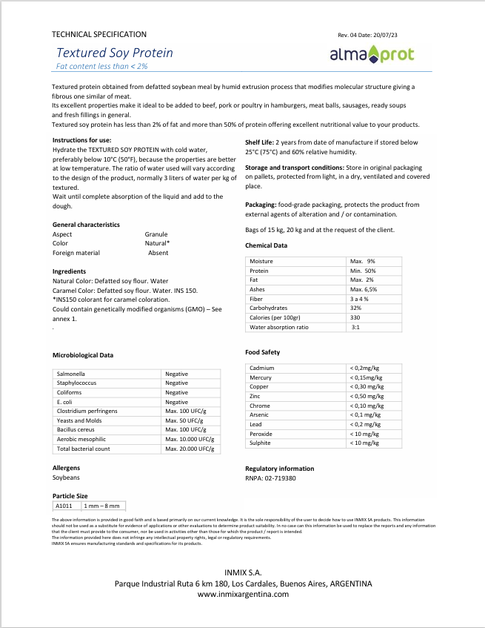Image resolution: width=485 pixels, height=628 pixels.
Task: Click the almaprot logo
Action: [371, 54]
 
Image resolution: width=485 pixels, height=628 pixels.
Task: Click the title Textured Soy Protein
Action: [115, 53]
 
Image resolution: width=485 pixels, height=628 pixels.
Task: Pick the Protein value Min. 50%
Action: [363, 271]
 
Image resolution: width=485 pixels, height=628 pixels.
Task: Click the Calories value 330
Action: [355, 317]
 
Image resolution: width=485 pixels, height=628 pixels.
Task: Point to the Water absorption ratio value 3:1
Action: [355, 327]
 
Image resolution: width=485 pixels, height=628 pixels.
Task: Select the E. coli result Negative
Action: [176, 402]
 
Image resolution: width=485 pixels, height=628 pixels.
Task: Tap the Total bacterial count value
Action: [191, 449]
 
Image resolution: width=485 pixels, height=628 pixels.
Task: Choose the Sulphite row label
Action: [260, 443]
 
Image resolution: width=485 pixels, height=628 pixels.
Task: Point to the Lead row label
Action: [256, 424]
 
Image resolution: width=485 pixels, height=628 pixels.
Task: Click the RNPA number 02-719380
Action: [281, 478]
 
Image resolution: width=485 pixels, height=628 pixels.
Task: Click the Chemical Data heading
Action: [267, 245]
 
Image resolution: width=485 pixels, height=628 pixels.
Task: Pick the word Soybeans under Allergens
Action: [66, 478]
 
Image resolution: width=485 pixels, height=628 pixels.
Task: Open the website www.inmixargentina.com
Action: [243, 594]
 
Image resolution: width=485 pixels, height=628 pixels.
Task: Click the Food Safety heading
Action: [262, 352]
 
